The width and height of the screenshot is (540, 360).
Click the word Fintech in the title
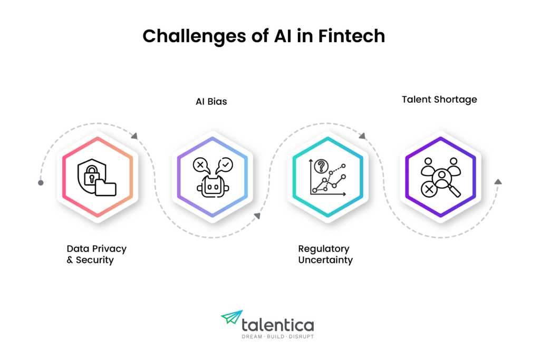351,36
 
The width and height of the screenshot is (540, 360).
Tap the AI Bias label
211,102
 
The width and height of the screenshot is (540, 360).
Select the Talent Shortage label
439,100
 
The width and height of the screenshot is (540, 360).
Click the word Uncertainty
325,260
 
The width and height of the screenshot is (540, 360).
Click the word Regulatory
323,249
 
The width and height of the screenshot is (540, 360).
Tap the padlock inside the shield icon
92,174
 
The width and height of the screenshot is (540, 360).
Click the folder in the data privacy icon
105,187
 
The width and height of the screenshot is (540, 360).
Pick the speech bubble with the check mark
224,166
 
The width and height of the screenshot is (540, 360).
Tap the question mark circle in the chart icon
321,166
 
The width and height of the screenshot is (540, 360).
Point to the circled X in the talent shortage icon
429,189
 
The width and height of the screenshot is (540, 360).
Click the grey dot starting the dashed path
41,183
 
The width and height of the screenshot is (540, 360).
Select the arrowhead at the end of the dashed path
498,182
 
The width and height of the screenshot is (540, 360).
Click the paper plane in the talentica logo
232,317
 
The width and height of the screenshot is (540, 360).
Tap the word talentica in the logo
277,325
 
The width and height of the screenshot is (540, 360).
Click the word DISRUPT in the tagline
301,337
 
